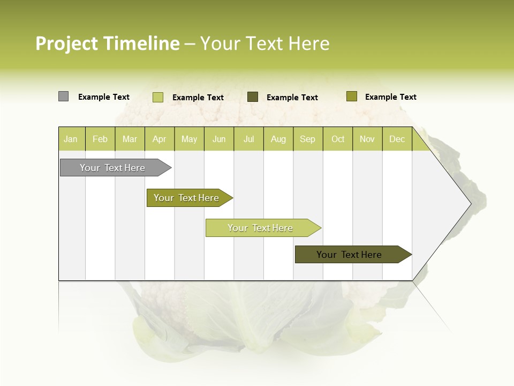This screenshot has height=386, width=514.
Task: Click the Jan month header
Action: click(x=71, y=139)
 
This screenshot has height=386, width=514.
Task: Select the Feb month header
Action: click(x=100, y=139)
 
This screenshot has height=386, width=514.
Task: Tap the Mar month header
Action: click(x=130, y=139)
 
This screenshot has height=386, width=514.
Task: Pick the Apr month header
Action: click(x=160, y=139)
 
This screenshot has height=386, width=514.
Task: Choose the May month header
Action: click(x=189, y=139)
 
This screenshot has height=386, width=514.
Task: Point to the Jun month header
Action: click(x=219, y=139)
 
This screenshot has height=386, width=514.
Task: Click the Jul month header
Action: click(x=248, y=139)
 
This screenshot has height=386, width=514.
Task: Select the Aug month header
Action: click(x=278, y=139)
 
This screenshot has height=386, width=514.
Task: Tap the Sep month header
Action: click(x=308, y=139)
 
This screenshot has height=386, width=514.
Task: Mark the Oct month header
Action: click(x=338, y=139)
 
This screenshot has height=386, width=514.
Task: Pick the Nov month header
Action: click(x=367, y=139)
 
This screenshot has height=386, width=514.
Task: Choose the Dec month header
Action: click(x=397, y=139)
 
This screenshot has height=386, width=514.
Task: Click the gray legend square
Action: click(x=63, y=96)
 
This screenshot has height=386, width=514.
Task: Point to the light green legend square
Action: click(x=158, y=97)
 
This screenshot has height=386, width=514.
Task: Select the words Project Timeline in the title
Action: click(x=108, y=43)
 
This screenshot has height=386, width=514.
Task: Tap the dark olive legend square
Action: click(x=253, y=97)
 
